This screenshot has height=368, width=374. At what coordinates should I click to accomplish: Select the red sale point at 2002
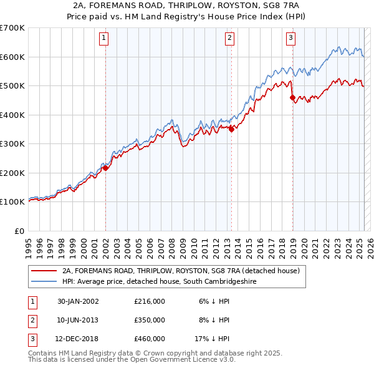pos(105,168)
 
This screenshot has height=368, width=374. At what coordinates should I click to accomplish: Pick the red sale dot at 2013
pos(231,129)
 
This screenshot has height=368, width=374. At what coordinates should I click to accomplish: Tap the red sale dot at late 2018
pos(292,97)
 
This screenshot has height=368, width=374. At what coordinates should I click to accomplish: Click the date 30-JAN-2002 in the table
pos(78,301)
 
